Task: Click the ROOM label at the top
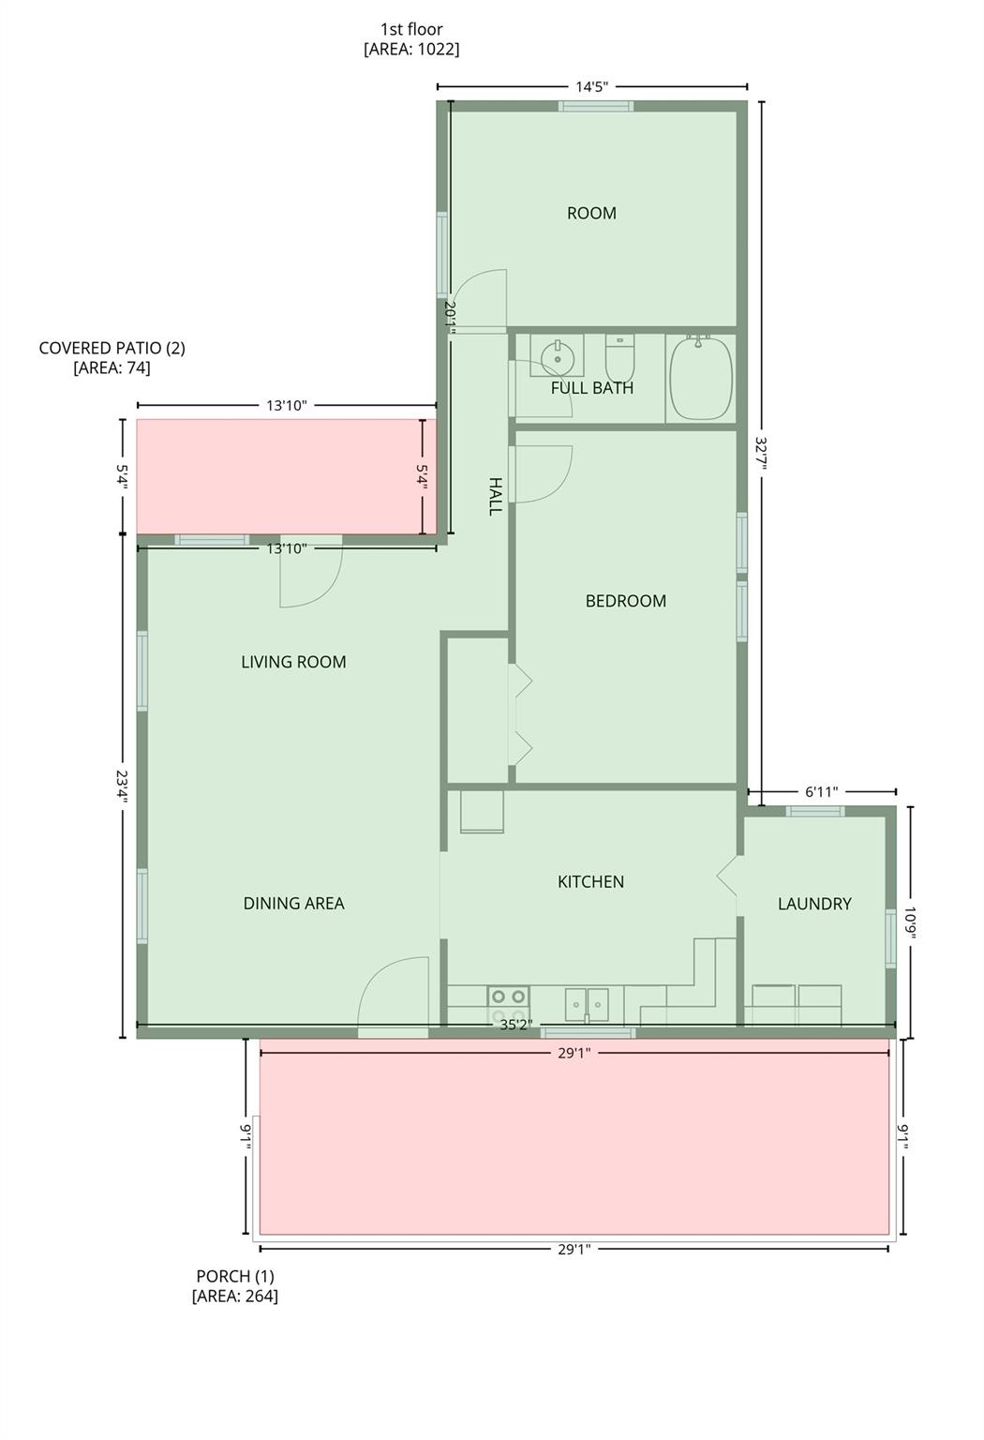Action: point(591,214)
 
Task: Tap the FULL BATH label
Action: point(591,388)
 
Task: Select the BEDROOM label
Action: point(625,601)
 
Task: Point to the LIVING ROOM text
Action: point(293,662)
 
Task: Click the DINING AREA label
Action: point(293,904)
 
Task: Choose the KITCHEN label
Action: point(590,882)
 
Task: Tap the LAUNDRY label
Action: point(814,904)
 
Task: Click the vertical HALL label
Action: point(495,496)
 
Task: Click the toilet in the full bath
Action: point(619,356)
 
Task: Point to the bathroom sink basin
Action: point(557,356)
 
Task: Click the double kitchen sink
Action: point(586,1004)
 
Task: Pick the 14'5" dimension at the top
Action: point(591,87)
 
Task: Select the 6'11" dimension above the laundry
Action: point(821,792)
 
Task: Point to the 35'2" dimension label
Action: point(515,1026)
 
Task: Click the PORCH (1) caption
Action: point(234,1286)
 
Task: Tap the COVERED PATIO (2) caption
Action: point(112,357)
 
